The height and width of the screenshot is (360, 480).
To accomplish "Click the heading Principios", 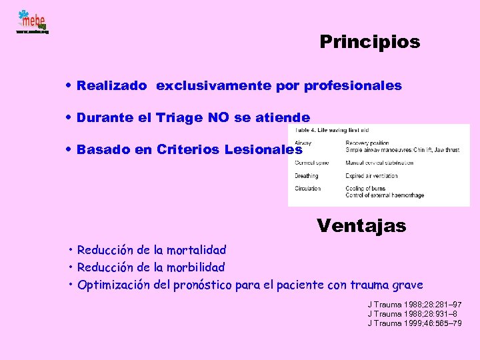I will point(370,42).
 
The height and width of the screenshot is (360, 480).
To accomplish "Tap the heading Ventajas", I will point(361,225).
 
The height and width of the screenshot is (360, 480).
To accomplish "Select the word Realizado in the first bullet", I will point(111,85).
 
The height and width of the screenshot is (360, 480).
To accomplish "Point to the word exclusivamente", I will point(209,85).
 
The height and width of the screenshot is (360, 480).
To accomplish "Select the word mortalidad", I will point(197,250).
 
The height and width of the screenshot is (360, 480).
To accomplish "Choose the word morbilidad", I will point(196,267).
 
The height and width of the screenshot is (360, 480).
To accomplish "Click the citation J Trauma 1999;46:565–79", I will point(414,323).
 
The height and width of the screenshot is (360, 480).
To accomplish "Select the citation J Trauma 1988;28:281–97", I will point(414,304).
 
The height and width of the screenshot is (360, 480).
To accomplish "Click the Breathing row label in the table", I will point(307,176).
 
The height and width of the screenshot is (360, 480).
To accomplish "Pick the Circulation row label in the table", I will point(308,189).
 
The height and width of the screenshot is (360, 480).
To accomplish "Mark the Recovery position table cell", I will point(367,143).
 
